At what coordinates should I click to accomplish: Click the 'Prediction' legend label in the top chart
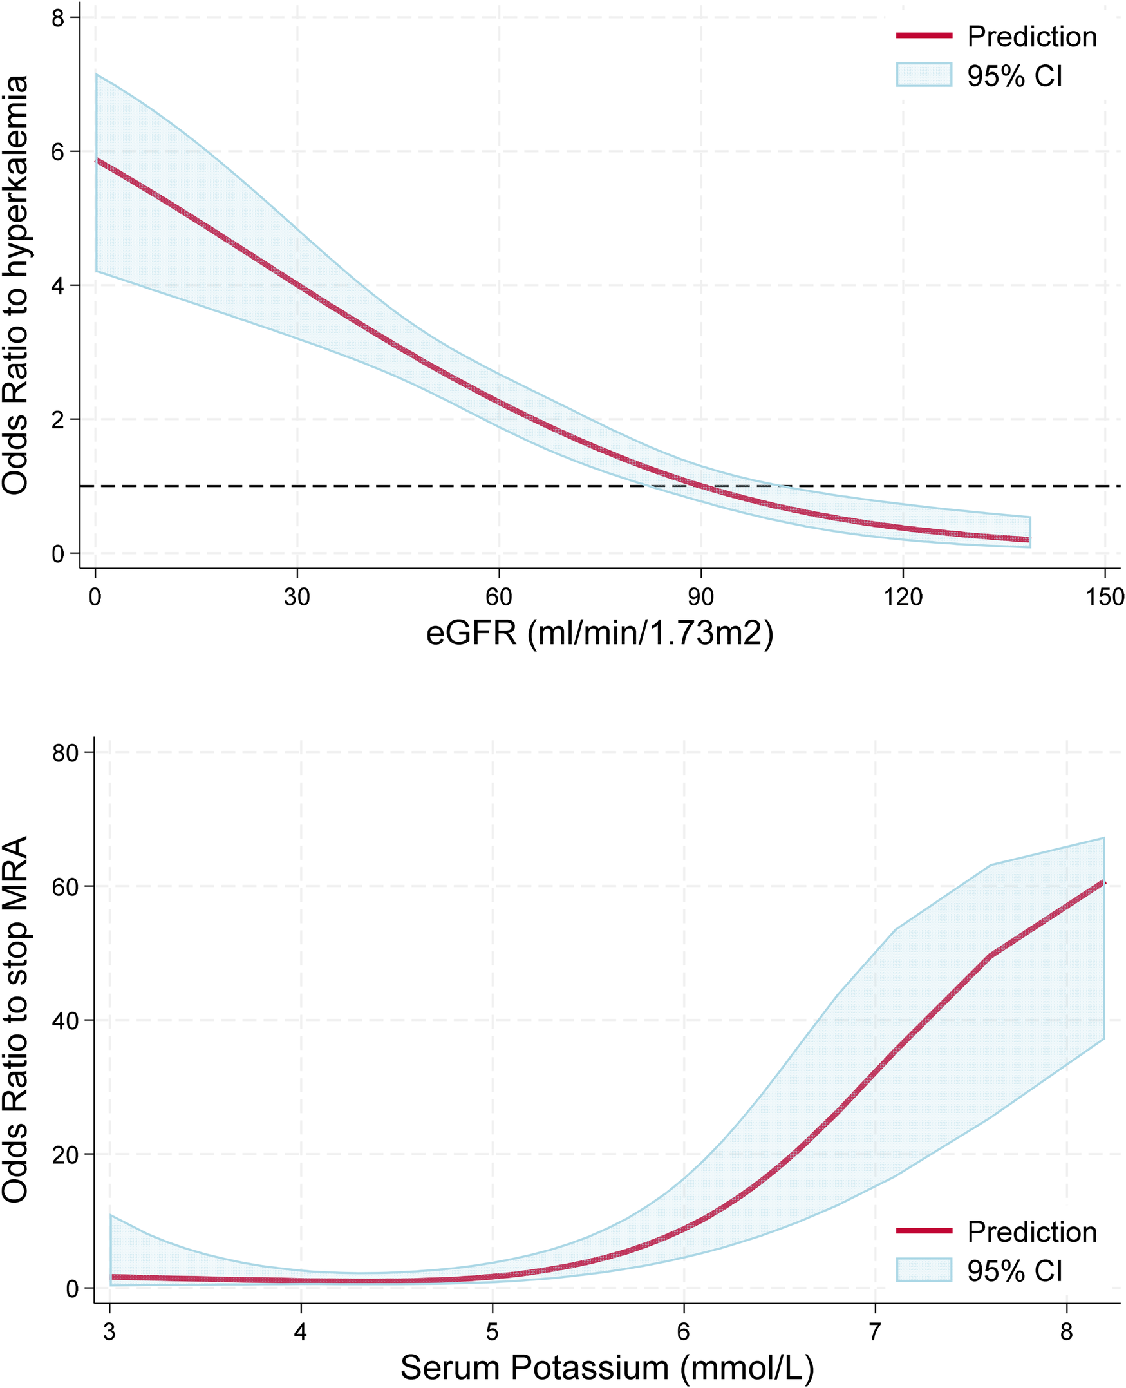point(1031,36)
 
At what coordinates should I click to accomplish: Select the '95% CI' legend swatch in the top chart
point(924,75)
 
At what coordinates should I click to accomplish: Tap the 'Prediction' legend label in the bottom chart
point(1031,1231)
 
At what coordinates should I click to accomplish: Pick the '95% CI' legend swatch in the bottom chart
point(924,1270)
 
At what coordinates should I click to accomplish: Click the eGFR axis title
point(599,632)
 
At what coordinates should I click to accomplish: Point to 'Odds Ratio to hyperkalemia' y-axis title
point(15,285)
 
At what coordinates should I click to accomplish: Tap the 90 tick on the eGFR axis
point(700,596)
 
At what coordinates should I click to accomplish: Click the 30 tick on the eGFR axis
point(296,596)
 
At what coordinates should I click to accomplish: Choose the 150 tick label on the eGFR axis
point(1105,596)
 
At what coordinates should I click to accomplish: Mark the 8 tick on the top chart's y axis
point(59,18)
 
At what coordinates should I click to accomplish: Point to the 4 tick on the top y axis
point(59,285)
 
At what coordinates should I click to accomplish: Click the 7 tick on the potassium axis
point(875,1331)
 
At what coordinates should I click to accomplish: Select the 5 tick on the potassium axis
point(493,1331)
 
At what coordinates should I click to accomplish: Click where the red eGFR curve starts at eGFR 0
point(97,160)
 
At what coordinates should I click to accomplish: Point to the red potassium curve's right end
point(1103,883)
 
